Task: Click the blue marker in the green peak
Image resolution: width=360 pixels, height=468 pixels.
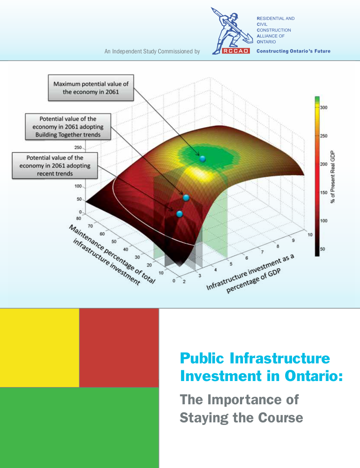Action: pyautogui.click(x=203, y=159)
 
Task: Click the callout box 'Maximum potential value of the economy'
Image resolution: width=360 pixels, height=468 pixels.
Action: pyautogui.click(x=91, y=88)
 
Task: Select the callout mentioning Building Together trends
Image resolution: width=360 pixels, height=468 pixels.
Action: pyautogui.click(x=68, y=127)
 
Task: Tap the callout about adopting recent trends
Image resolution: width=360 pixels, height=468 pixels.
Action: pyautogui.click(x=55, y=166)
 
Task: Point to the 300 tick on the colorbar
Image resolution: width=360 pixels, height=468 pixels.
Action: pyautogui.click(x=323, y=108)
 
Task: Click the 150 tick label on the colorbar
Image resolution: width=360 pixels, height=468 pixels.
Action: pyautogui.click(x=323, y=192)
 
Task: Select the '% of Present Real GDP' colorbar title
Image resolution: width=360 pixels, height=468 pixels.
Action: pyautogui.click(x=333, y=177)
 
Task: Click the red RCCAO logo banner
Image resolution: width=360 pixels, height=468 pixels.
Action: pyautogui.click(x=236, y=51)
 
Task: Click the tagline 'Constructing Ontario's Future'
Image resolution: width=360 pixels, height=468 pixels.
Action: pyautogui.click(x=293, y=51)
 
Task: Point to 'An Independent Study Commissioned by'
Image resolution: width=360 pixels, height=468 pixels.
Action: pyautogui.click(x=152, y=51)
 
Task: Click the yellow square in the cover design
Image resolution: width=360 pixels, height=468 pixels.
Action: pyautogui.click(x=40, y=348)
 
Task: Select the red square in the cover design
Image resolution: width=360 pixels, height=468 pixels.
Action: pyautogui.click(x=119, y=348)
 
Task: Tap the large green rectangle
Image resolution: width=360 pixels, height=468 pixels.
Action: pyautogui.click(x=79, y=428)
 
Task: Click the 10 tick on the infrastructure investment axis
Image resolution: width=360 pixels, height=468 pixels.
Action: pyautogui.click(x=310, y=235)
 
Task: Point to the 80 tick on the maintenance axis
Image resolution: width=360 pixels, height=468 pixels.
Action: pyautogui.click(x=78, y=218)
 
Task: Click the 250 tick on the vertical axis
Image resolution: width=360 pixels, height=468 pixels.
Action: pyautogui.click(x=78, y=147)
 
